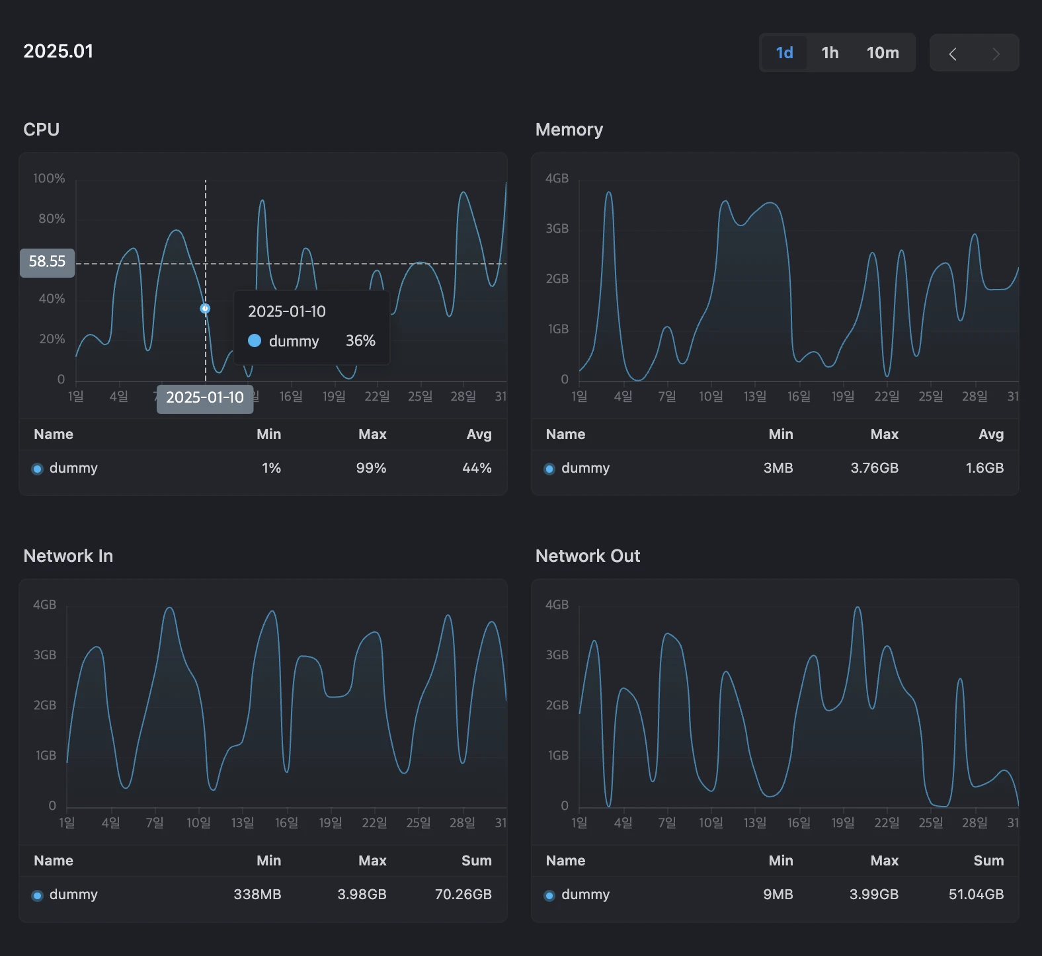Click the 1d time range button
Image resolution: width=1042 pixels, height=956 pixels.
click(x=784, y=53)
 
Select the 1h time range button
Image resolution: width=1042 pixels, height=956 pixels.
click(x=830, y=53)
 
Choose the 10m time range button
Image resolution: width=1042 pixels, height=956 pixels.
click(x=883, y=53)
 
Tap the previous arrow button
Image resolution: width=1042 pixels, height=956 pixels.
click(x=953, y=54)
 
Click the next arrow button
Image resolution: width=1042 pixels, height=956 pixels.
click(x=996, y=54)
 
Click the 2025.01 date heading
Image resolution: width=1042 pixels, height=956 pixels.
click(x=58, y=52)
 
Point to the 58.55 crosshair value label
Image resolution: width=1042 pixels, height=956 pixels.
click(x=47, y=262)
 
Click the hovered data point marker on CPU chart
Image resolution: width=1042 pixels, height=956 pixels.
click(x=205, y=309)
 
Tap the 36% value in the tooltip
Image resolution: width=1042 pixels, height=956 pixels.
click(x=360, y=340)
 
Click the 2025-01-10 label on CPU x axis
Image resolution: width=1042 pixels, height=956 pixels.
click(x=205, y=398)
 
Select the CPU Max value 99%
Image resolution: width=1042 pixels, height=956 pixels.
click(x=371, y=468)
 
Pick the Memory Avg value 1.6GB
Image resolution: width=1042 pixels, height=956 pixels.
click(x=984, y=468)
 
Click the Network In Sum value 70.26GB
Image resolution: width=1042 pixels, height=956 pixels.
click(x=463, y=895)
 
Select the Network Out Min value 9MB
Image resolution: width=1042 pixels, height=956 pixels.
click(x=778, y=895)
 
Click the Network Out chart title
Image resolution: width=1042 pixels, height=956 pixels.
click(x=588, y=556)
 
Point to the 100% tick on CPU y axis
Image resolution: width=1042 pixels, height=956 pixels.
click(x=49, y=179)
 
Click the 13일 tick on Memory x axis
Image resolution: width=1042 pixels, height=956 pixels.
click(x=754, y=397)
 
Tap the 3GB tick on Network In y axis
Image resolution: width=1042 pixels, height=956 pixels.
click(x=45, y=655)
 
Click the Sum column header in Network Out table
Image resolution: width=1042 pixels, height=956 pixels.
click(x=988, y=861)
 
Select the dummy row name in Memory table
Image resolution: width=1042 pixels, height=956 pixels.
click(x=585, y=468)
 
